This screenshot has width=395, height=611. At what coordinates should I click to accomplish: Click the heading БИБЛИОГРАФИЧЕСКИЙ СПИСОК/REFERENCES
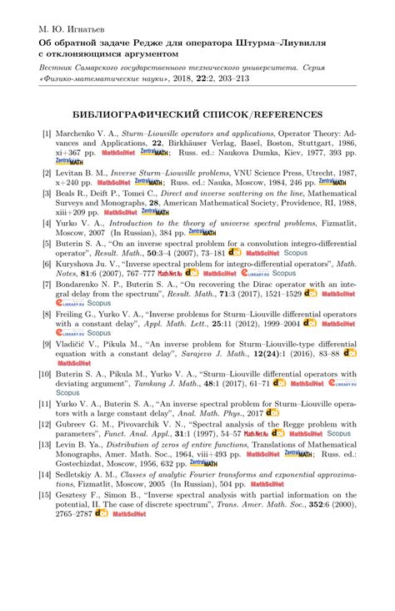point(197,114)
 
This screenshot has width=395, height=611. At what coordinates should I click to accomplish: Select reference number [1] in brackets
point(47,132)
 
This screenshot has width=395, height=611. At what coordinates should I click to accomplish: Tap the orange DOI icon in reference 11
point(272,412)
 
